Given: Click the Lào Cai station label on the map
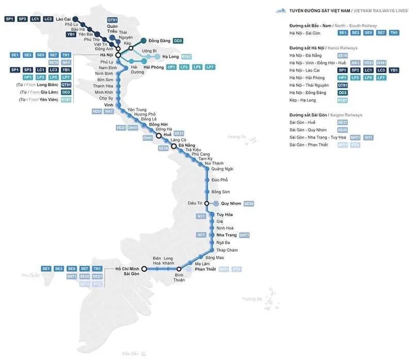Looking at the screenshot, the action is [63, 19].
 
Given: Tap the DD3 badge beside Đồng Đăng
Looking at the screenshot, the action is [178, 40].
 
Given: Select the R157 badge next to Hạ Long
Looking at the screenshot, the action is [187, 56].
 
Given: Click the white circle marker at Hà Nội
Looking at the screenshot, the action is [118, 55].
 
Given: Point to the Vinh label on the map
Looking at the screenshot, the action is [108, 104].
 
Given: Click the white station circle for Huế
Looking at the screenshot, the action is [159, 137].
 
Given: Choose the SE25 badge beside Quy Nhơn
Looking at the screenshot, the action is [249, 203].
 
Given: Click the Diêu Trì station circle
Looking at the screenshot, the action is [206, 203].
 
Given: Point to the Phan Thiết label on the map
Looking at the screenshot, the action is [205, 269].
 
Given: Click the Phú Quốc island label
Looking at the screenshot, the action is [30, 275].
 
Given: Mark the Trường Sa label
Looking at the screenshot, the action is [252, 299].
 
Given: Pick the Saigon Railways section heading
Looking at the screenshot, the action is [325, 114].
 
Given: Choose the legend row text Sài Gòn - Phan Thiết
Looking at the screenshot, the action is [308, 145].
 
